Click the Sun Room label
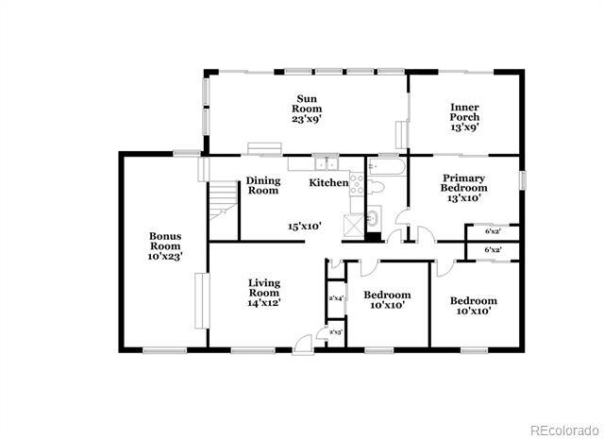(x=307, y=109)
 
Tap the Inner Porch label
(x=463, y=118)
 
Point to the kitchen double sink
(x=327, y=163)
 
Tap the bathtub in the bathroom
(x=385, y=167)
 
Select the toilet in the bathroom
(x=374, y=188)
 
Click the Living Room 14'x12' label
(x=264, y=293)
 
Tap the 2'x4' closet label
(x=334, y=298)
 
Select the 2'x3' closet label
(x=334, y=332)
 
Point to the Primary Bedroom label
(x=463, y=188)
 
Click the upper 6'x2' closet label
(x=492, y=230)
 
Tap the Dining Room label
(x=263, y=185)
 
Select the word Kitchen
(x=329, y=182)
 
